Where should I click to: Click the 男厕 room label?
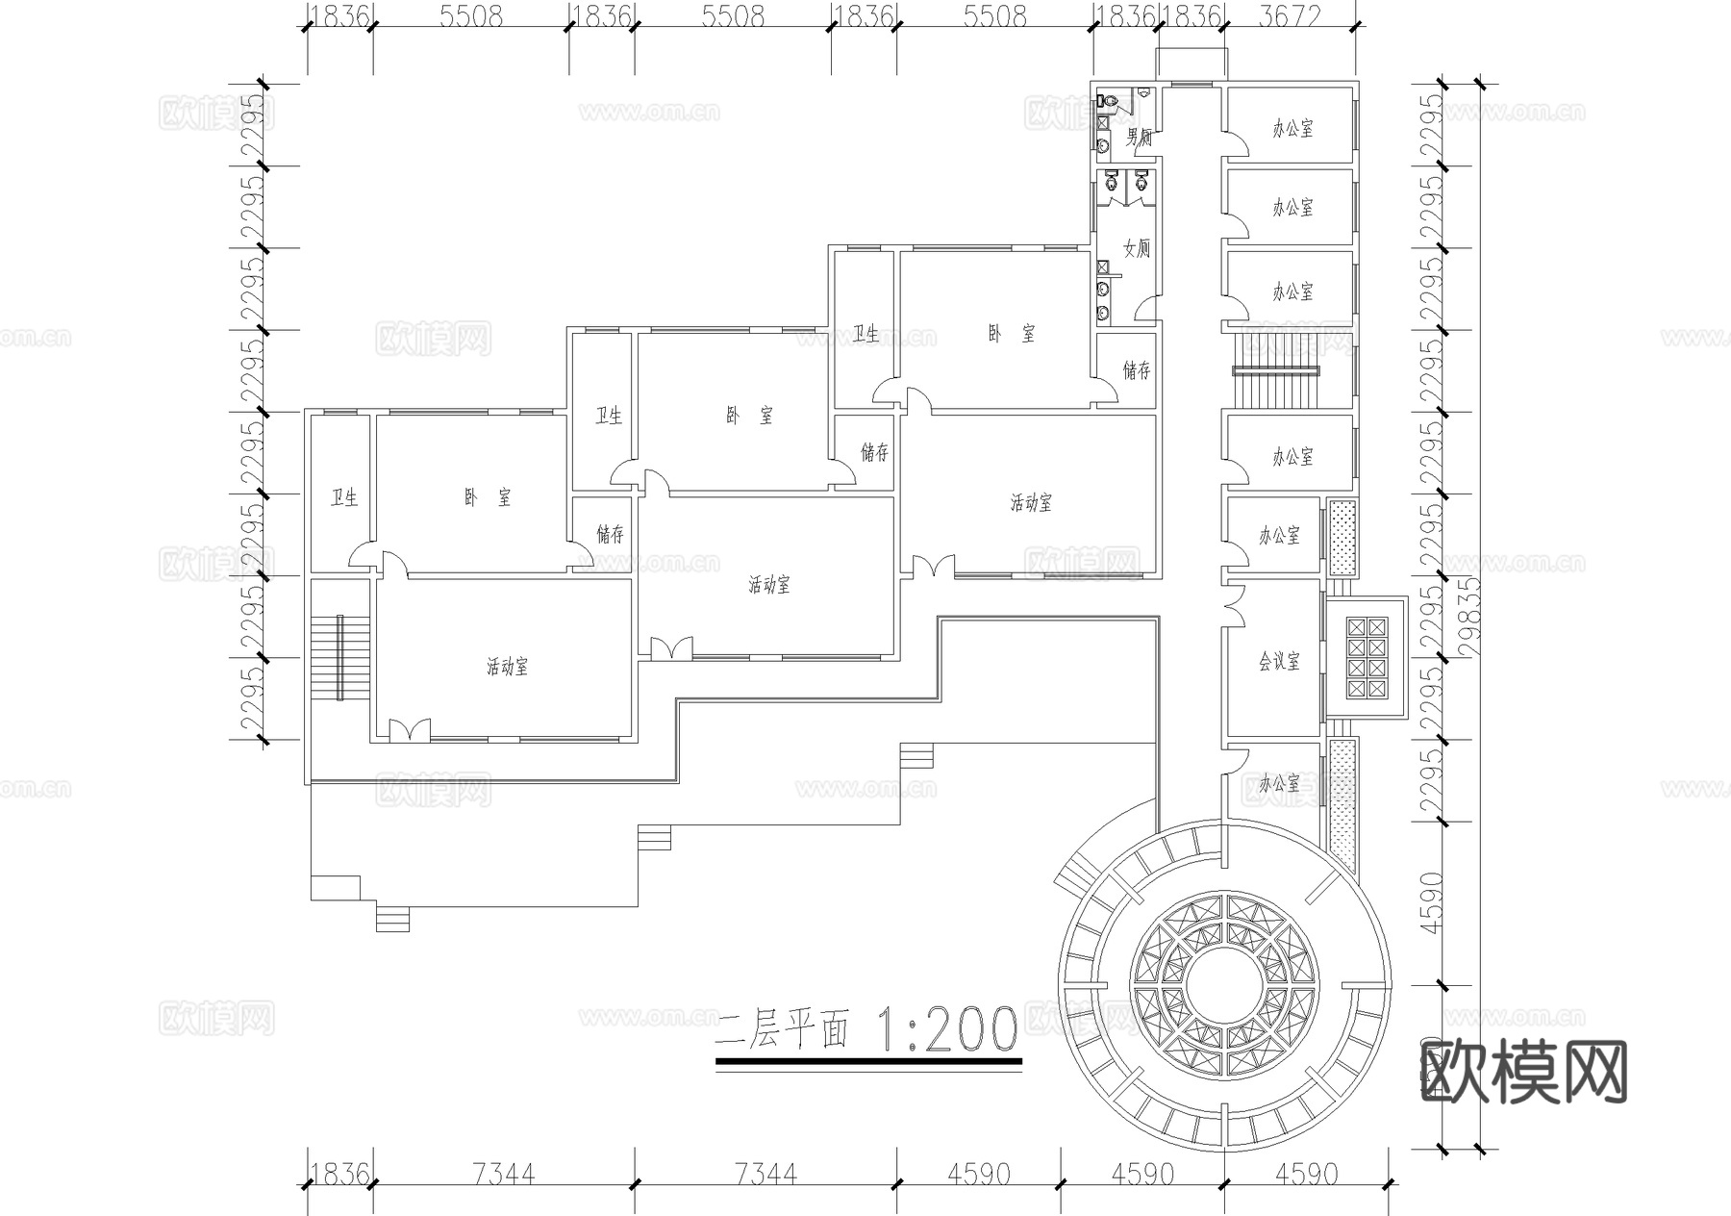click(1140, 137)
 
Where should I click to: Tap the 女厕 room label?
click(1137, 248)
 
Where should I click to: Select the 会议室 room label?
click(1279, 661)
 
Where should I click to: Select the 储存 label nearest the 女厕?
click(1137, 369)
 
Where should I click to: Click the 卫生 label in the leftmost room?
click(344, 497)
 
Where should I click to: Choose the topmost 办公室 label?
click(1292, 129)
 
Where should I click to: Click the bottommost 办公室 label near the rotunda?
click(1279, 783)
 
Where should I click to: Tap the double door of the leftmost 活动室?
click(410, 730)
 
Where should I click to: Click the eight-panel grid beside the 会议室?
click(1367, 657)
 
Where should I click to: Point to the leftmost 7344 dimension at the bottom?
click(505, 1174)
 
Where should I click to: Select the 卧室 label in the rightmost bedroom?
click(1012, 334)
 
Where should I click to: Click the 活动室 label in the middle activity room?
click(769, 584)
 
